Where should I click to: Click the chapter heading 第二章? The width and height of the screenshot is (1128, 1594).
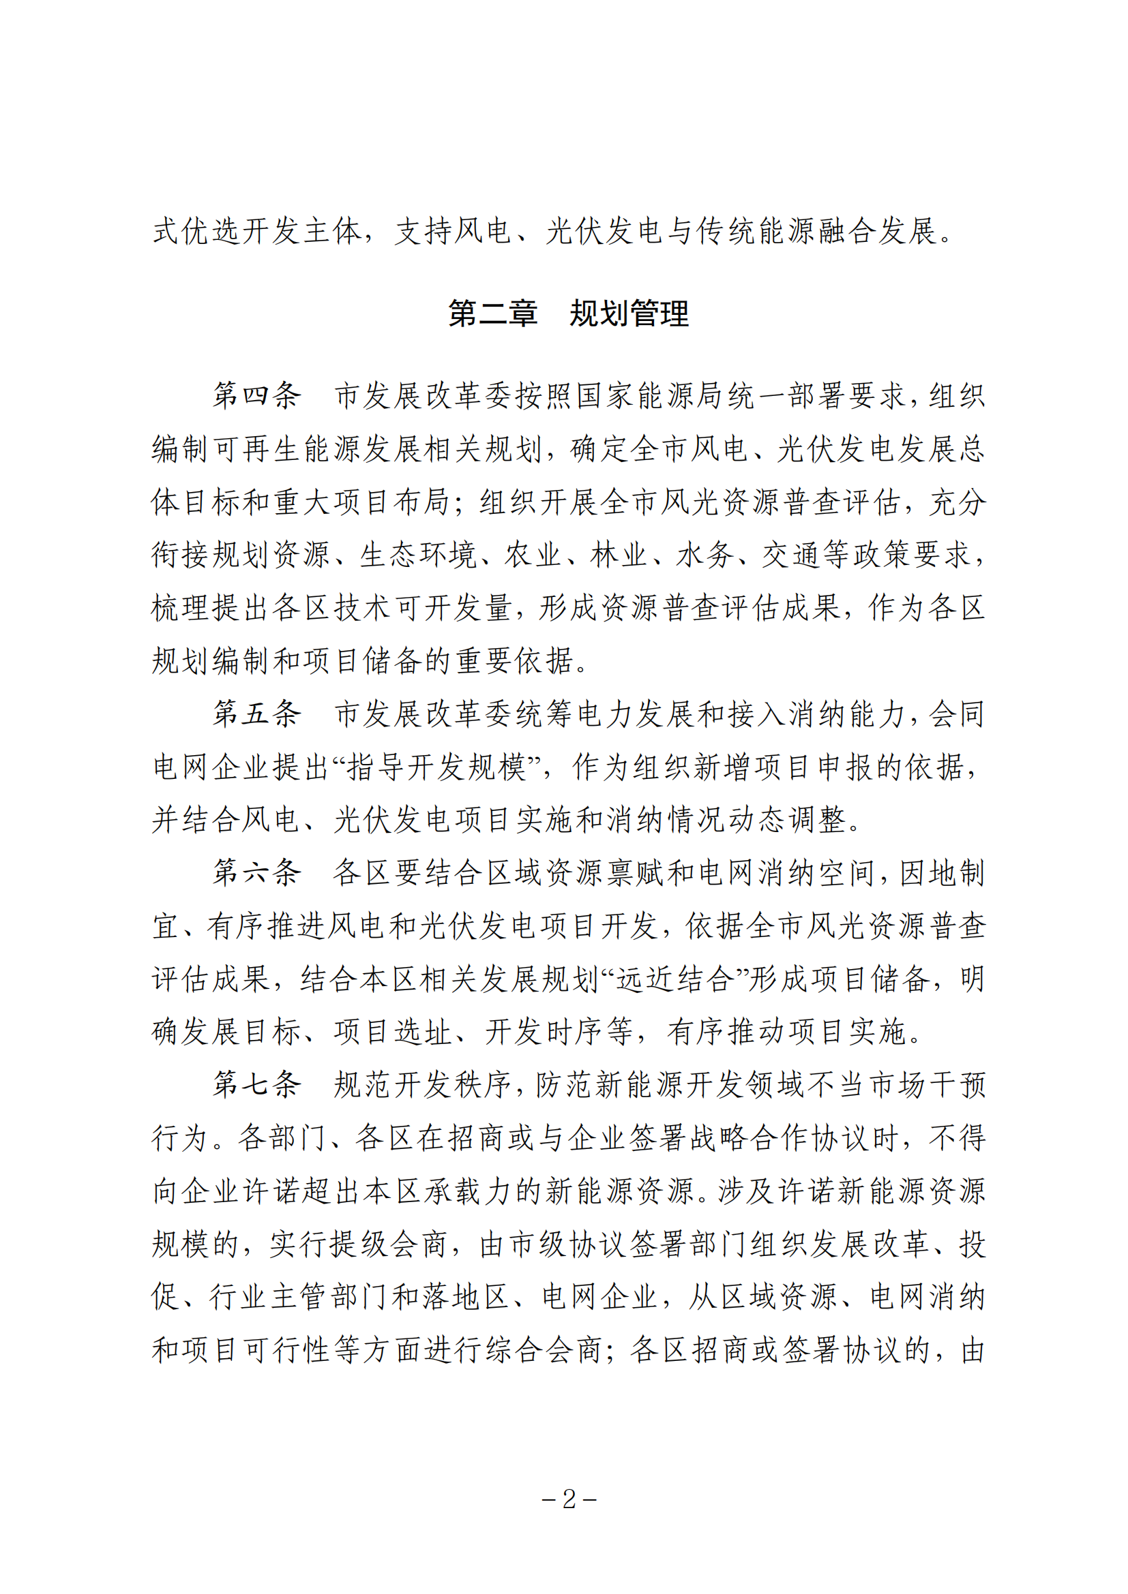(492, 313)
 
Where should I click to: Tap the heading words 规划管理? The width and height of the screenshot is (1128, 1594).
(629, 313)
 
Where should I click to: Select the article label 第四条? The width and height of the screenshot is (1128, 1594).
(257, 395)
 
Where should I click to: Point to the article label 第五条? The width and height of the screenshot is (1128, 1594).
(257, 713)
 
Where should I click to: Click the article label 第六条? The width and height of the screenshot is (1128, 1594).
(257, 873)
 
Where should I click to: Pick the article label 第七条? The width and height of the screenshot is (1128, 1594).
(257, 1084)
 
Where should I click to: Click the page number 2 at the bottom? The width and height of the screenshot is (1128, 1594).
(569, 1499)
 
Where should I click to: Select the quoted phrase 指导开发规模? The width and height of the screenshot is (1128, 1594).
(437, 767)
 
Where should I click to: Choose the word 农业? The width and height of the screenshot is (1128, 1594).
(533, 555)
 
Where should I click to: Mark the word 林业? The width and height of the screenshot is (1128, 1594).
(619, 555)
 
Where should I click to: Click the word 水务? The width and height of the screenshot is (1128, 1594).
(704, 555)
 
